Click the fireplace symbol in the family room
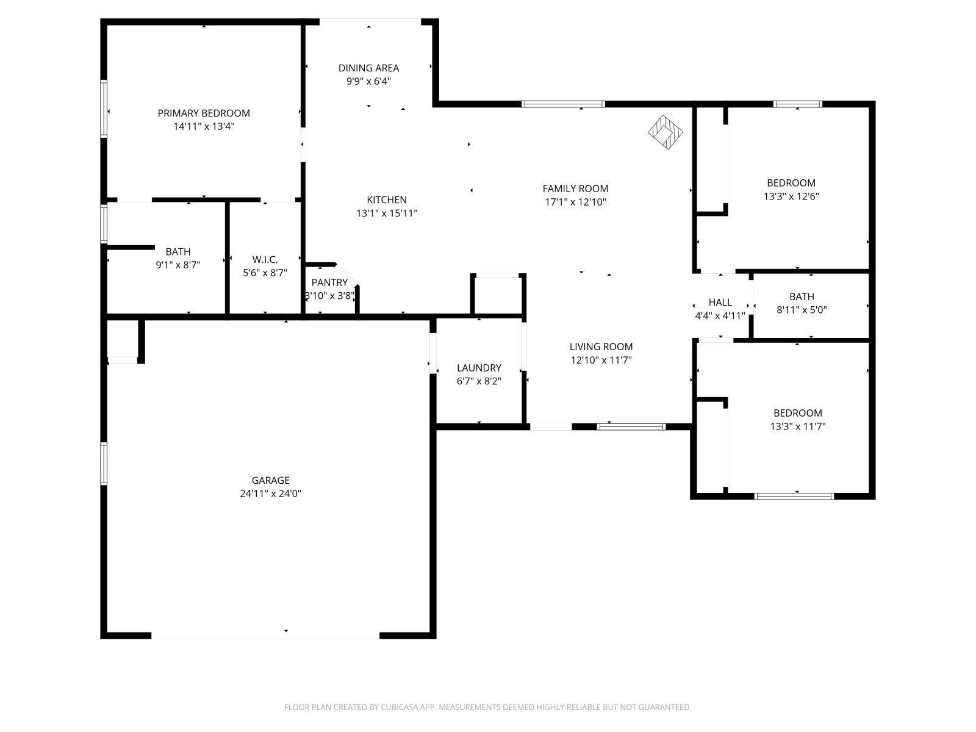pyautogui.click(x=665, y=132)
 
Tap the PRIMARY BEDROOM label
pyautogui.click(x=204, y=113)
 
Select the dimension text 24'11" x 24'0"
pyautogui.click(x=270, y=493)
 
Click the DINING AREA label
pyautogui.click(x=368, y=68)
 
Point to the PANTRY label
pyautogui.click(x=329, y=282)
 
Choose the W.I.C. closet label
pyautogui.click(x=265, y=259)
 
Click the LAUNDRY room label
pyautogui.click(x=479, y=368)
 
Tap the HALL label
pyautogui.click(x=720, y=302)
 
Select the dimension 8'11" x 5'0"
pyautogui.click(x=801, y=309)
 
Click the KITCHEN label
pyautogui.click(x=386, y=199)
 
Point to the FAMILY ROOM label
pyautogui.click(x=575, y=188)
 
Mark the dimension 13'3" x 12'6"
pyautogui.click(x=791, y=196)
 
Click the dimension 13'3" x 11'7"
pyautogui.click(x=797, y=426)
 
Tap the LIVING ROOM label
pyautogui.click(x=601, y=346)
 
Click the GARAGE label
pyautogui.click(x=270, y=480)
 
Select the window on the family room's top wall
pyautogui.click(x=563, y=104)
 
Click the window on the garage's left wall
pyautogui.click(x=104, y=464)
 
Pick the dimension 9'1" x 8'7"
pyautogui.click(x=178, y=265)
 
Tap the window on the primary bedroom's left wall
pyautogui.click(x=104, y=109)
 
